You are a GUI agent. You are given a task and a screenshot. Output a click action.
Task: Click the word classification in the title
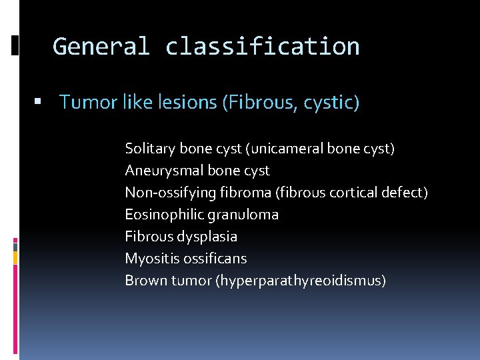tap(262, 47)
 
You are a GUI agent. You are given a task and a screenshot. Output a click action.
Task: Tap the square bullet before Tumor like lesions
tap(37, 102)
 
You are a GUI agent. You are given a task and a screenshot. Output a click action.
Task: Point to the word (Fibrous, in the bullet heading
tap(262, 102)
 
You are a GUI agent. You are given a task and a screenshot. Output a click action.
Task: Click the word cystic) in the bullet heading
tap(335, 102)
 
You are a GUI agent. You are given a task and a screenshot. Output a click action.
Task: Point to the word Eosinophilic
tap(165, 215)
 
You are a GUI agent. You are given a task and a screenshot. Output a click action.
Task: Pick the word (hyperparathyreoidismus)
tap(300, 281)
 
